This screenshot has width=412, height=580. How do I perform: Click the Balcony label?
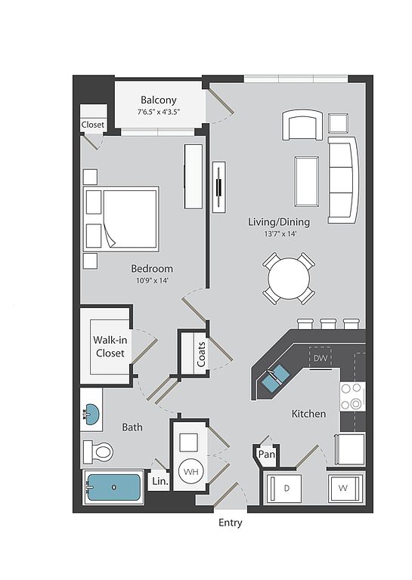tap(159, 100)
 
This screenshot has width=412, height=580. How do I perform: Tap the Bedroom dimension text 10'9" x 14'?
tap(152, 281)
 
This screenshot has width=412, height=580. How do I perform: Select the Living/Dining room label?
tap(279, 222)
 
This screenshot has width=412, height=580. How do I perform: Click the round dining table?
tap(289, 279)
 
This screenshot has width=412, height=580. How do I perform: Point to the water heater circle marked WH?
tap(191, 471)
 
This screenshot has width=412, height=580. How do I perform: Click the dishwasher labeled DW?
tap(320, 358)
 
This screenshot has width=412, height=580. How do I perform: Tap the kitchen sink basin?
tap(276, 378)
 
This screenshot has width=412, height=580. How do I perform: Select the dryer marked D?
tap(286, 489)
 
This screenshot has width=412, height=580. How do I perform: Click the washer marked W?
tap(343, 489)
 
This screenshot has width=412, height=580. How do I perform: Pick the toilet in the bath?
tap(98, 452)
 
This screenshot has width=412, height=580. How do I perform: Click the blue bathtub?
tap(113, 487)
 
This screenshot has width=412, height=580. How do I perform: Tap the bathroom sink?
tap(91, 413)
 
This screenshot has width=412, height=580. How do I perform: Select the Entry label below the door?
tap(231, 523)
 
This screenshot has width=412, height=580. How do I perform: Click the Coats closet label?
tap(201, 354)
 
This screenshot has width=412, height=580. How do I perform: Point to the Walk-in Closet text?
tap(110, 346)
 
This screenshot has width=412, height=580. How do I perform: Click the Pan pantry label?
tap(267, 454)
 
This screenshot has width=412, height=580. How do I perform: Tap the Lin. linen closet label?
tap(160, 481)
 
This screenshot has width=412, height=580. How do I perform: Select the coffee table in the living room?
tap(307, 181)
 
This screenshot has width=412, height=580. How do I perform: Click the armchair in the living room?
tap(302, 125)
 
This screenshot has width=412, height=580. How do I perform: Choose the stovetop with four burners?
tap(352, 396)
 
